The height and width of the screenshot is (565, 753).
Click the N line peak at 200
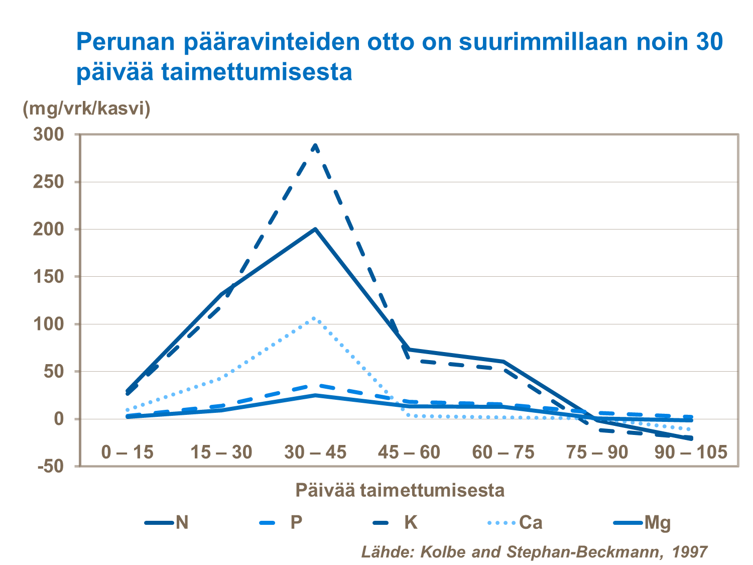pos(315,229)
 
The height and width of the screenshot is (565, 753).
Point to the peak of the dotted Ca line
pos(314,318)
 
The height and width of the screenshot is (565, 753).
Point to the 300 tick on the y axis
pos(49,135)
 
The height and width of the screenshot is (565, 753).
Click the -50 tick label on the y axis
pos(50,466)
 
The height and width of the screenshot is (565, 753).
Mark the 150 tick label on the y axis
pos(49,277)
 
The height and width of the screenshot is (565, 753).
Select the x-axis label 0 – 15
pos(127,453)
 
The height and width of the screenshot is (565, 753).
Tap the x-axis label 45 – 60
pos(409,453)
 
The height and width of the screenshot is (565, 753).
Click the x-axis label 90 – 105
pos(691,453)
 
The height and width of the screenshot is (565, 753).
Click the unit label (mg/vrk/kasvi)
pos(86,108)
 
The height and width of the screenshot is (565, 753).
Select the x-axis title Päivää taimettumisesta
pos(400,490)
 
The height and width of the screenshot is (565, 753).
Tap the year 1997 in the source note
pos(690,551)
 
